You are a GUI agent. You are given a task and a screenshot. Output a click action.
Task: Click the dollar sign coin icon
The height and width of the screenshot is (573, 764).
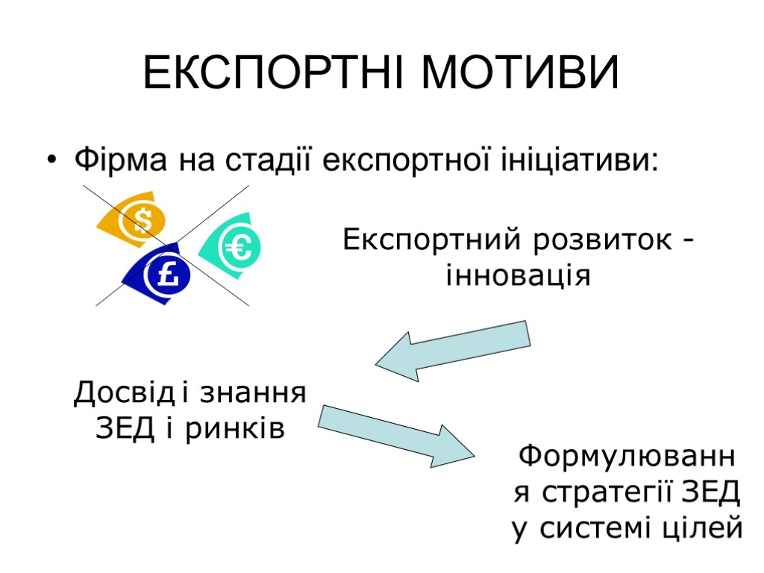[141, 221]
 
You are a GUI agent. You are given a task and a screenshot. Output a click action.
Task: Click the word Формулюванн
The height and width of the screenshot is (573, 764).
[627, 455]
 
